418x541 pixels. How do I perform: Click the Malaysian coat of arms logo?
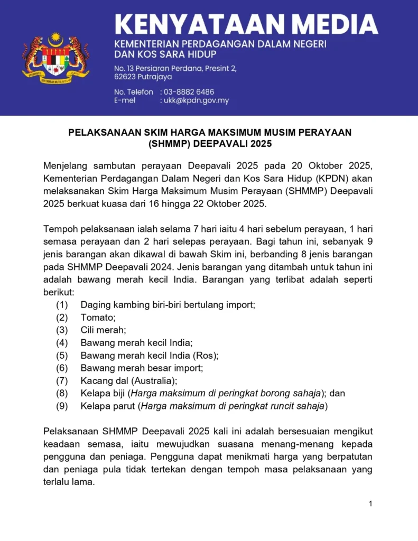(55, 58)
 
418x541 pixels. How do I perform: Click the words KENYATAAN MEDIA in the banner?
(246, 24)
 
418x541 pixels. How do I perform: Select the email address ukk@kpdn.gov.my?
(194, 100)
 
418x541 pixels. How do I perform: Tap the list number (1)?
(62, 305)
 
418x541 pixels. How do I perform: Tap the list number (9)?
(62, 406)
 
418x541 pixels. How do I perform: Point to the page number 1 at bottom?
(370, 503)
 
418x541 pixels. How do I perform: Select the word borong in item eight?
(277, 394)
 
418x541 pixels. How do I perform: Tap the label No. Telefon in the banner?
(134, 92)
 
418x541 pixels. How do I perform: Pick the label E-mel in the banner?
(125, 100)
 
